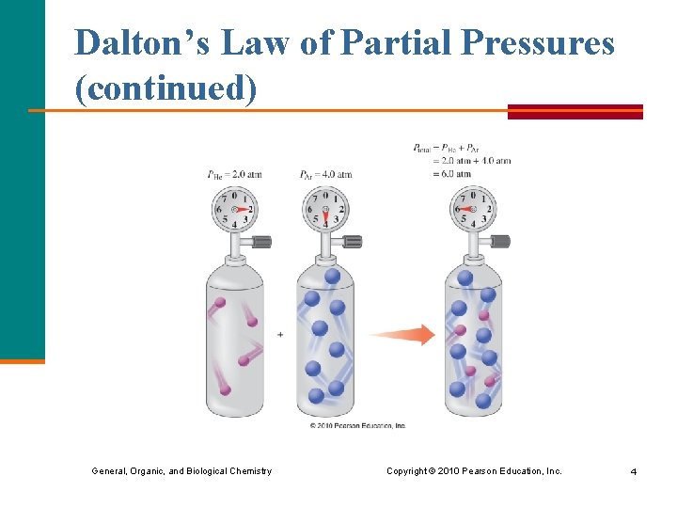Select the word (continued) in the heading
(165, 89)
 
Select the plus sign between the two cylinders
(280, 334)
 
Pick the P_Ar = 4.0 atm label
(325, 174)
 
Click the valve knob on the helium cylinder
(262, 242)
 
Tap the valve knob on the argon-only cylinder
(353, 242)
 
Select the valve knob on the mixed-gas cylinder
(500, 242)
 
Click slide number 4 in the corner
(634, 470)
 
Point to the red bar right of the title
(575, 111)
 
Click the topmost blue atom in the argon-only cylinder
(332, 277)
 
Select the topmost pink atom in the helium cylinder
(220, 303)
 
